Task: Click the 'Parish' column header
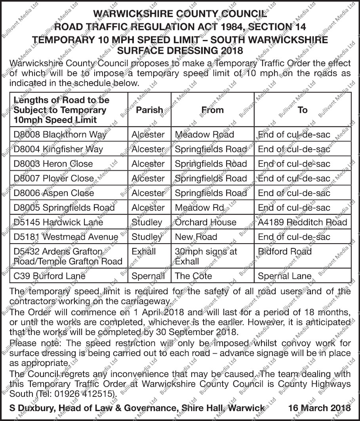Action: tap(149, 110)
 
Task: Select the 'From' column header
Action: tap(212, 110)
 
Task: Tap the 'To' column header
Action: tap(303, 110)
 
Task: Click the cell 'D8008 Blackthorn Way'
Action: tap(60, 135)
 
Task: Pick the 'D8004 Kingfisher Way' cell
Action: tap(58, 149)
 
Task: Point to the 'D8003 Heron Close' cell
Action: tap(53, 164)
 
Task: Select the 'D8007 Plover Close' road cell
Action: tap(54, 179)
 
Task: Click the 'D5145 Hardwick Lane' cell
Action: tap(58, 222)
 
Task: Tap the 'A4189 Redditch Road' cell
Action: tap(302, 222)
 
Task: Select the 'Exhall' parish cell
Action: tap(144, 251)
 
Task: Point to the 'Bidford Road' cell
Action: tap(285, 251)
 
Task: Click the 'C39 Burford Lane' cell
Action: tap(49, 276)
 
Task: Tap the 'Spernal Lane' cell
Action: tap(284, 276)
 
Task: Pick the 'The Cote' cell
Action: tap(193, 276)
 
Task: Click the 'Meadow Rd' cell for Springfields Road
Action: tap(199, 208)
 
